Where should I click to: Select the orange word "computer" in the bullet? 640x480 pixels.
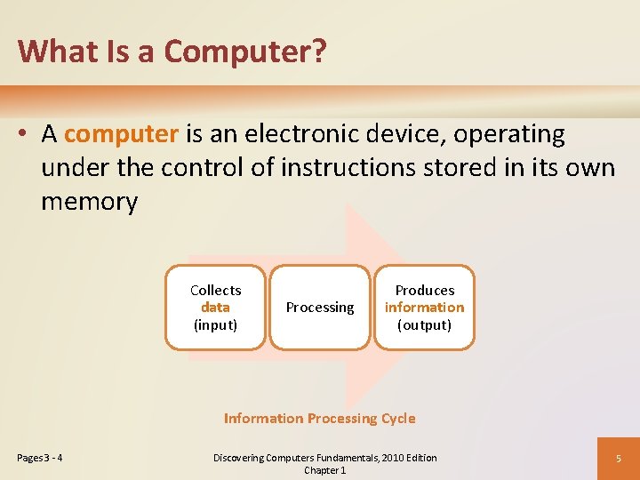coord(122,134)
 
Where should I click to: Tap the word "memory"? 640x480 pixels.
coord(89,202)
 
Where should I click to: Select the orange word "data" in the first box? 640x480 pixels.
coord(215,307)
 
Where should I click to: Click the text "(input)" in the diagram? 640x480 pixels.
coord(215,324)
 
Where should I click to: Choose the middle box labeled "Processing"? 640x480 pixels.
coord(320,308)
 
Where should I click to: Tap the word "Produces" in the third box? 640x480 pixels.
coord(424,290)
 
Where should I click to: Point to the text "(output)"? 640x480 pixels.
coord(424,324)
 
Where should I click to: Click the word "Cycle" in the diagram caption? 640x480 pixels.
coord(397,418)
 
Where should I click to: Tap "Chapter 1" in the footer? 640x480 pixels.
coord(324,470)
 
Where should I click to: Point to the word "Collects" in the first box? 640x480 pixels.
coord(215,290)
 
